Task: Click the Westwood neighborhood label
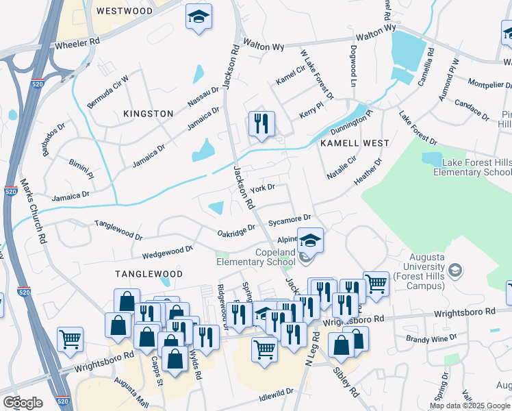coord(125,11)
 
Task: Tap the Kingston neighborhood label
coord(148,113)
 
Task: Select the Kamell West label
coord(354,143)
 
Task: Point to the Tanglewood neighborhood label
coord(149,273)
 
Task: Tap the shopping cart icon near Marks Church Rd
coord(71,339)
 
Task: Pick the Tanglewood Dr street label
coord(118,229)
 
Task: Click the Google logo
coord(23,402)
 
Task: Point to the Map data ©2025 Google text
coord(469,406)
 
